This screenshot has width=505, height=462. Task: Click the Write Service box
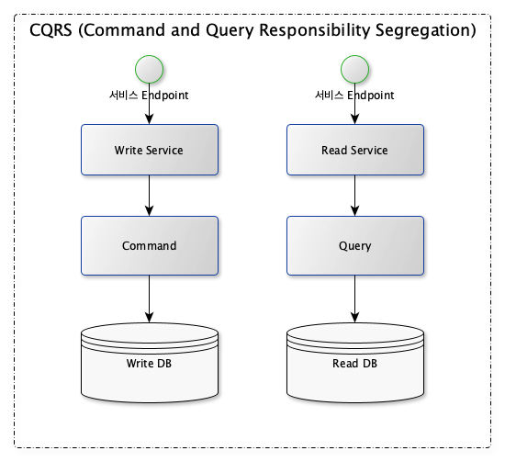click(x=150, y=150)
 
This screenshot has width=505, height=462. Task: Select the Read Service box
click(x=355, y=150)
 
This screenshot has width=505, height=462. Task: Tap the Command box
click(x=150, y=245)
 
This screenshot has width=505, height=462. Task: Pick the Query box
click(x=355, y=245)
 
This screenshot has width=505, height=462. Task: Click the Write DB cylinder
click(x=150, y=363)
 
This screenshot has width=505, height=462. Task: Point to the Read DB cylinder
click(x=355, y=363)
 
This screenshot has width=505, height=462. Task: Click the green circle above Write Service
click(x=149, y=69)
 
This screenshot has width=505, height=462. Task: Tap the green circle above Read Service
click(x=354, y=69)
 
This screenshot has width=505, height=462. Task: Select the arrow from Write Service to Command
click(x=149, y=196)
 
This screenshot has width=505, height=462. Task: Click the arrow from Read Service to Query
click(x=354, y=196)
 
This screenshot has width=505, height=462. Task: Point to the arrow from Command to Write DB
click(x=149, y=299)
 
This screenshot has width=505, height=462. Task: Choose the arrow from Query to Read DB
click(x=354, y=299)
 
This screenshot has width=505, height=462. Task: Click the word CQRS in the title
click(x=50, y=30)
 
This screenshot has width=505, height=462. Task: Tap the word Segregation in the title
click(x=422, y=31)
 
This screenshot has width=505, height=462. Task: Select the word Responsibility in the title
click(x=315, y=31)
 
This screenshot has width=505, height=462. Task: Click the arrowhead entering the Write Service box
click(x=149, y=119)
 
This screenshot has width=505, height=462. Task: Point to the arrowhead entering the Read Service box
click(x=354, y=119)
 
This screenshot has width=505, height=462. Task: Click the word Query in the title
click(x=230, y=31)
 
